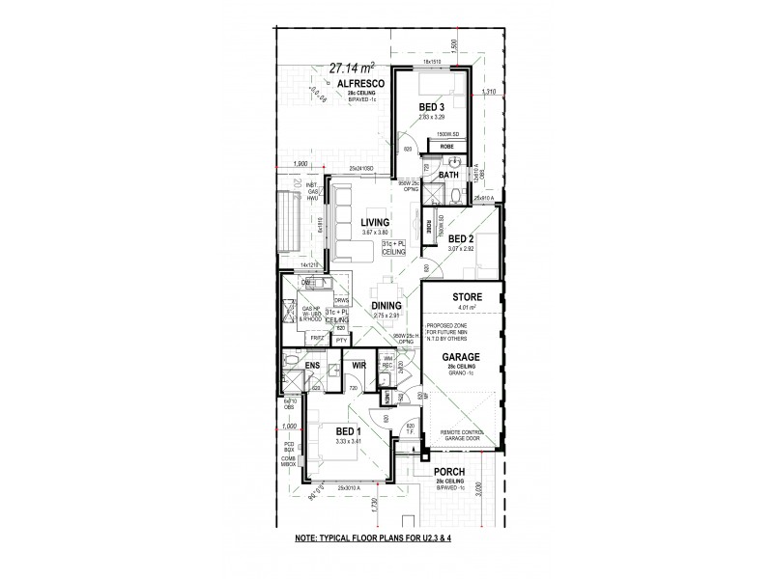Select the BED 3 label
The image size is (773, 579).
(x=432, y=106)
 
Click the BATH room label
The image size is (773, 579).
(x=448, y=176)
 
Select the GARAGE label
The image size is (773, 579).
(x=461, y=357)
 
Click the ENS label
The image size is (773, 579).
(x=312, y=367)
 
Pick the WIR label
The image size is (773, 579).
(x=357, y=367)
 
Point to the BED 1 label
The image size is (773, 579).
(x=349, y=431)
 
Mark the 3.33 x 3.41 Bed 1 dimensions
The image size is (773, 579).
(x=349, y=442)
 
